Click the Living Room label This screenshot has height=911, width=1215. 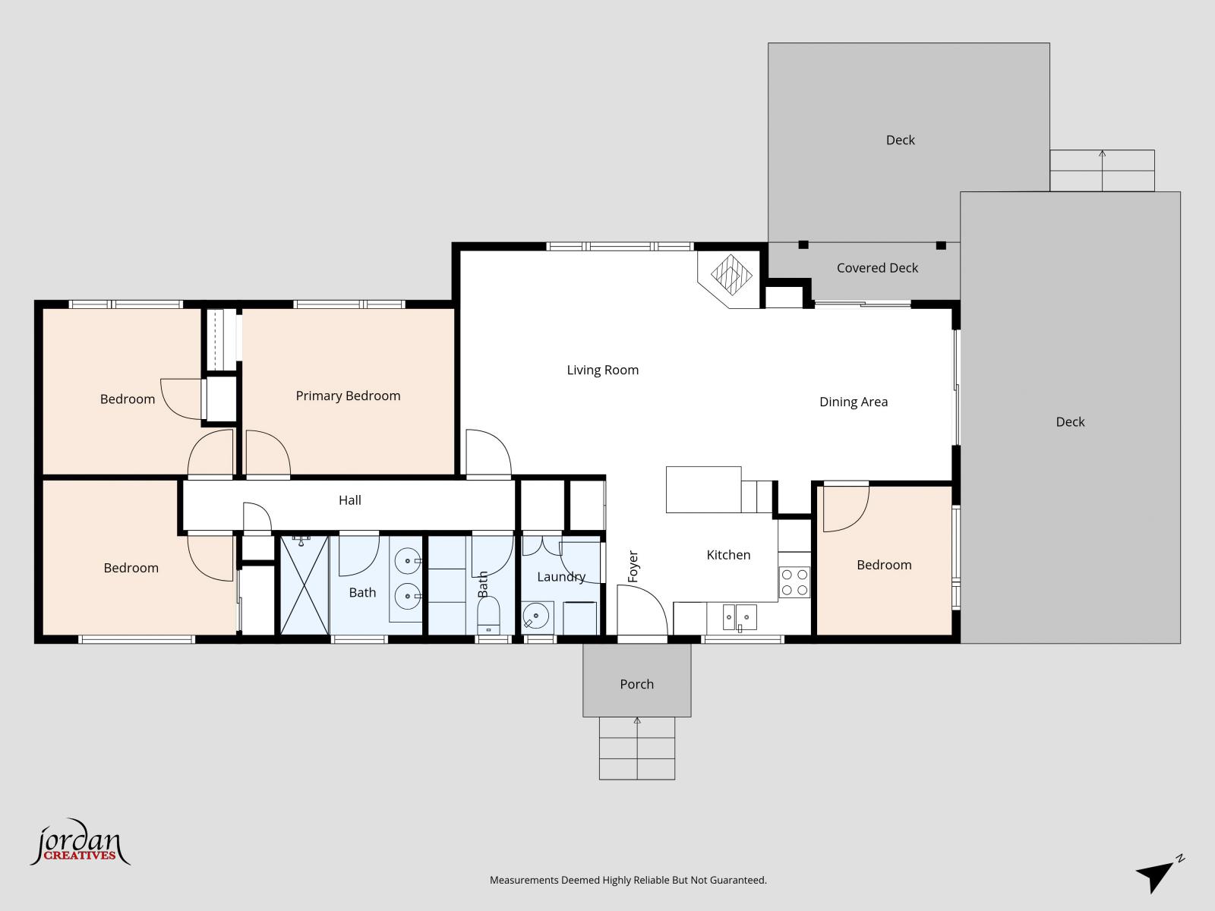602,370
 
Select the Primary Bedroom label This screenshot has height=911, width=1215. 348,396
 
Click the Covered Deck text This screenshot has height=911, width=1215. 877,268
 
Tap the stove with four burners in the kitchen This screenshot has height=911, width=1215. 794,582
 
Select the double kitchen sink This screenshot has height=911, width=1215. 739,617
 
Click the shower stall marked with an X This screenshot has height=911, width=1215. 304,585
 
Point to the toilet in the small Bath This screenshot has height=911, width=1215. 488,615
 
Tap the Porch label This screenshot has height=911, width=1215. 636,684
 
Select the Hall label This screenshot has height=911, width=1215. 350,500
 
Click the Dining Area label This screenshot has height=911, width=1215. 853,402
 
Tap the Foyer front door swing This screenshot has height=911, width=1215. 642,611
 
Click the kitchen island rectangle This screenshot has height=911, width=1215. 703,490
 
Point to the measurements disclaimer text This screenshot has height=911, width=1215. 628,880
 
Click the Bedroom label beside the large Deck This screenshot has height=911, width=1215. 884,565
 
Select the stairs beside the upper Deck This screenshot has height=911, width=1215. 1102,171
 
